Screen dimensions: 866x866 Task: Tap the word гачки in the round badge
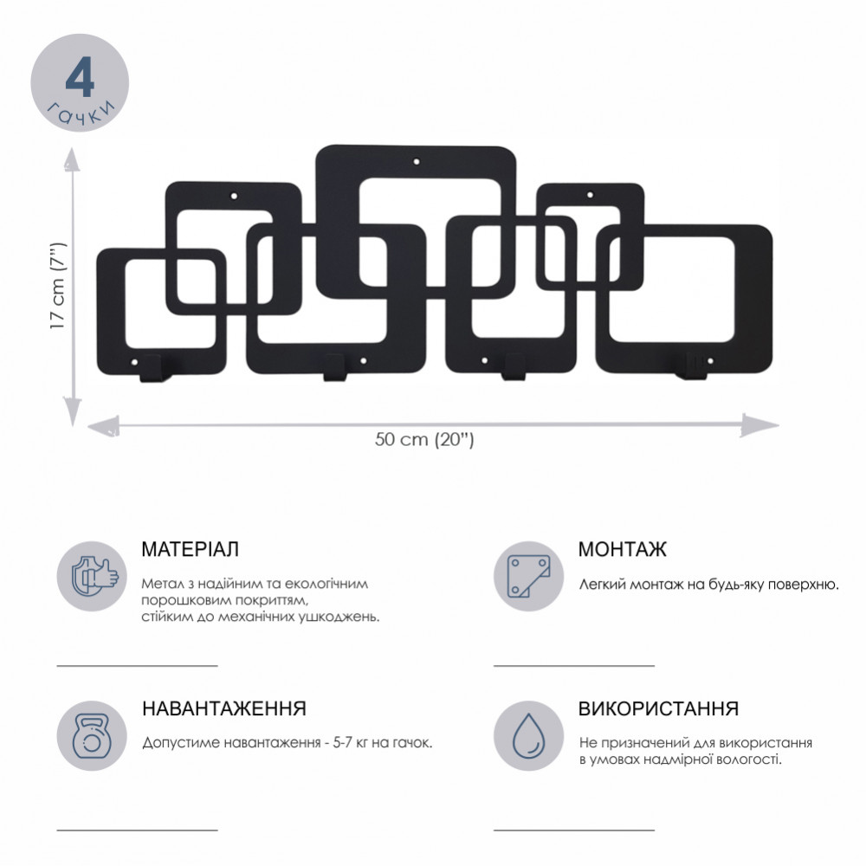tap(81, 113)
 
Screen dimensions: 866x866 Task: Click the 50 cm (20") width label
tap(424, 440)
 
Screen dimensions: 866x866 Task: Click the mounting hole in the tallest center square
tap(417, 163)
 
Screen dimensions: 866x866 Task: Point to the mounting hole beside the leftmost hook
tap(134, 363)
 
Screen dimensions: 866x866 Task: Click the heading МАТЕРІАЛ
tap(190, 550)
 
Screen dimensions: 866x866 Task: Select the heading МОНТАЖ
tap(622, 550)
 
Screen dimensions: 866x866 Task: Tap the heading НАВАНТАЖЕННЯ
tap(224, 708)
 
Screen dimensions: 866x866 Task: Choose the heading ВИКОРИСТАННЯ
tap(658, 708)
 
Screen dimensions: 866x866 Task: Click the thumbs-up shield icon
tap(93, 576)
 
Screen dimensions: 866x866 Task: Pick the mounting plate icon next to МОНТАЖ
tap(528, 576)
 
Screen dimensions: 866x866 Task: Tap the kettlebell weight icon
tap(93, 735)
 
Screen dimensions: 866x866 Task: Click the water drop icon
tap(528, 735)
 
